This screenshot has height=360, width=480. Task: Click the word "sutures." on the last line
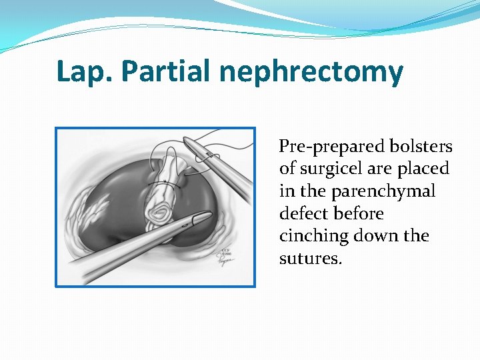pyautogui.click(x=311, y=259)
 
